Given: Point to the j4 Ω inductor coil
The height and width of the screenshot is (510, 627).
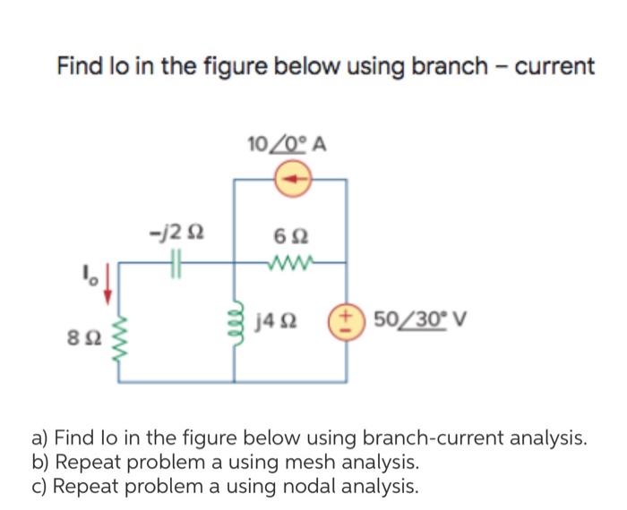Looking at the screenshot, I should click(238, 318).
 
